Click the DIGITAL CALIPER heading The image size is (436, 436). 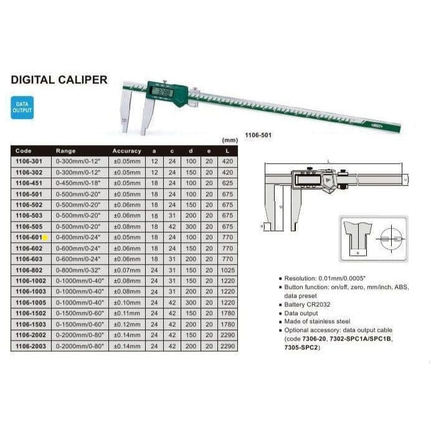coord(59,80)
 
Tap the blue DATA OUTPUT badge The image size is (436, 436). coord(22,107)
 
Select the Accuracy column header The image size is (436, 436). coord(127,151)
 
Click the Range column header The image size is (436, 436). coord(65,151)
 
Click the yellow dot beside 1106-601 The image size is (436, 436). coord(45,237)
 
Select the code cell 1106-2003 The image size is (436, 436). coord(29,345)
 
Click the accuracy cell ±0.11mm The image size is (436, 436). coord(127,313)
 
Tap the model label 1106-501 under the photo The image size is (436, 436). coord(257,134)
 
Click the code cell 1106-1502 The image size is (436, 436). coord(29,313)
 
